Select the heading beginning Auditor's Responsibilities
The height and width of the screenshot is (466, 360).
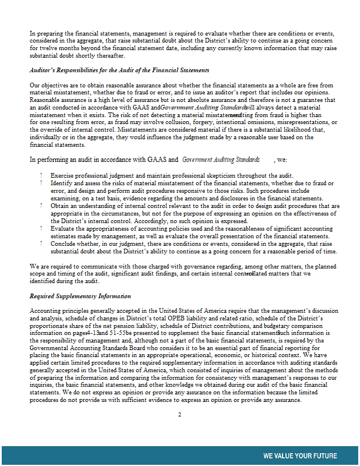pyautogui.click(x=119, y=70)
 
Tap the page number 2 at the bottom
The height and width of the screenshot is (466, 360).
pyautogui.click(x=180, y=414)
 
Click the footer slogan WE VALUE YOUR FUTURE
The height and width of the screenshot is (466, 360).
pyautogui.click(x=300, y=456)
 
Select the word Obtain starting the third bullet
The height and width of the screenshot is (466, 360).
pyautogui.click(x=61, y=206)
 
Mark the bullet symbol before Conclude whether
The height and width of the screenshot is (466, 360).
pyautogui.click(x=41, y=244)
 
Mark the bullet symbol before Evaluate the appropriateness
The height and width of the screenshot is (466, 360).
pyautogui.click(x=41, y=229)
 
